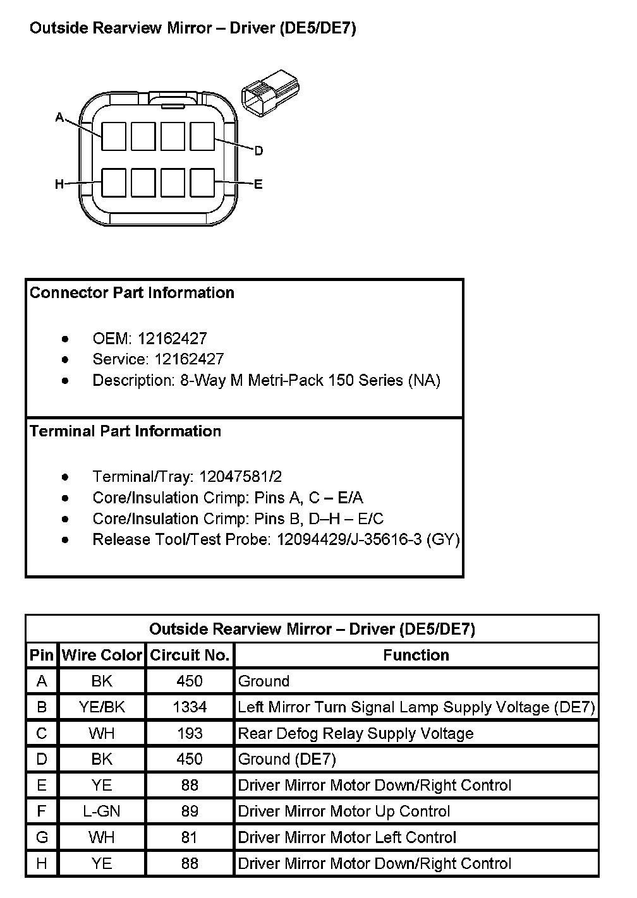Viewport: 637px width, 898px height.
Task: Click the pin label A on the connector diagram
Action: [60, 117]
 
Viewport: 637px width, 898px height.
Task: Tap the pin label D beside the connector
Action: [258, 151]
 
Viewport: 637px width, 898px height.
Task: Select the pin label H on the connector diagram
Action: [59, 184]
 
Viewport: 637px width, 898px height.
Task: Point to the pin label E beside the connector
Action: [258, 184]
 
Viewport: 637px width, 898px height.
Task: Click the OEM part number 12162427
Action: [172, 338]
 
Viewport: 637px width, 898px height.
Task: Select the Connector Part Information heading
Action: [132, 293]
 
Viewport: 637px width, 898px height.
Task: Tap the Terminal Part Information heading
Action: [126, 431]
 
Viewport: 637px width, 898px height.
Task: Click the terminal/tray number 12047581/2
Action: [240, 477]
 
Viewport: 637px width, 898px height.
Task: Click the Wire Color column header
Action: [102, 656]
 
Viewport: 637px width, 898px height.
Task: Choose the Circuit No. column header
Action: [190, 656]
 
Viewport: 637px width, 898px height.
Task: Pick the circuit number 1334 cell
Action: [190, 707]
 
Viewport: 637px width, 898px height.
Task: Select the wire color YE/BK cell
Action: [102, 707]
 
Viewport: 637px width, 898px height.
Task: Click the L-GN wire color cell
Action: [102, 811]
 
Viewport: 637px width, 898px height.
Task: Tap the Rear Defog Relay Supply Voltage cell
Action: [356, 734]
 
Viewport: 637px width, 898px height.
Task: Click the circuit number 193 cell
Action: [190, 734]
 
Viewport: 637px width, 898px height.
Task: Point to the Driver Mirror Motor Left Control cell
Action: [347, 838]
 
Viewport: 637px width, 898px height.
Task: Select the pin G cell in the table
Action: [42, 838]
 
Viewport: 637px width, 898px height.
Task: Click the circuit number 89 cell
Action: [190, 811]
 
